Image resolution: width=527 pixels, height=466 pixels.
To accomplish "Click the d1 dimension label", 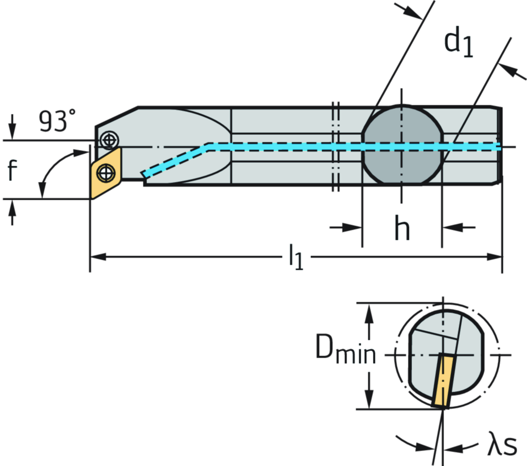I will pyautogui.click(x=460, y=42).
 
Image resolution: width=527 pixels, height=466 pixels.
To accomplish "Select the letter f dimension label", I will pyautogui.click(x=12, y=172).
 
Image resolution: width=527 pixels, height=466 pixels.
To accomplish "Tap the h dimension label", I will pyautogui.click(x=402, y=228).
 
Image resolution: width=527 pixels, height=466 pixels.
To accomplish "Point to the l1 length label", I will pyautogui.click(x=296, y=257).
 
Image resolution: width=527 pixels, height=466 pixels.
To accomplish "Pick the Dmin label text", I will pyautogui.click(x=345, y=354).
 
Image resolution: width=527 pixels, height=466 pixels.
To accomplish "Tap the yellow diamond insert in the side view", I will pyautogui.click(x=106, y=172).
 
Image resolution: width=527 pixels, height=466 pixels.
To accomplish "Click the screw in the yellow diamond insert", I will pyautogui.click(x=106, y=172).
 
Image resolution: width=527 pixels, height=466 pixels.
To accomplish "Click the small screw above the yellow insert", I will pyautogui.click(x=109, y=139).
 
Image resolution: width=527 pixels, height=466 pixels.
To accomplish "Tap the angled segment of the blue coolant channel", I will pyautogui.click(x=175, y=160).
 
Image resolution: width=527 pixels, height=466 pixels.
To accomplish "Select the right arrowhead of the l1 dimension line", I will pyautogui.click(x=496, y=256).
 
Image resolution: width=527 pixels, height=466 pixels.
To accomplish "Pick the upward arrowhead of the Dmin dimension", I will pyautogui.click(x=368, y=312).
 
